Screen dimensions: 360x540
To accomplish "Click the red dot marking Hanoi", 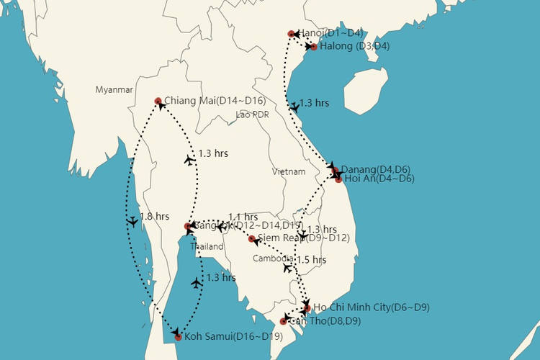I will [291, 34].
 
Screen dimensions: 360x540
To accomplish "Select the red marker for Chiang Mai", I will [158, 101].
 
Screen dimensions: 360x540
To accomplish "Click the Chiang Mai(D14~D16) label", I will [215, 100].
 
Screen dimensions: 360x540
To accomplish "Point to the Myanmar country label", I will [114, 90].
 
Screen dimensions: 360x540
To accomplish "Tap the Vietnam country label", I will [289, 172].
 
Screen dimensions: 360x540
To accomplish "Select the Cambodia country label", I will [273, 258].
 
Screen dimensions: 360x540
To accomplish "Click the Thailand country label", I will [208, 247].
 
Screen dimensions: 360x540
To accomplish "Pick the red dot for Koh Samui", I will [178, 336].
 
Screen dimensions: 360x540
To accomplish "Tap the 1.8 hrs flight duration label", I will [155, 217].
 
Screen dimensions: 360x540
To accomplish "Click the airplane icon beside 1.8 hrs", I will [132, 222].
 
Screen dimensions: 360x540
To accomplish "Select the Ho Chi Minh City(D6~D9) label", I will [371, 307].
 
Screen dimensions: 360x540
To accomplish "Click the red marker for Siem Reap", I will [251, 238].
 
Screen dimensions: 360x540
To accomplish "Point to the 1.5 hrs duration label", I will [311, 259].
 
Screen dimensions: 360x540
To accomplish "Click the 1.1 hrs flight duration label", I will [243, 217].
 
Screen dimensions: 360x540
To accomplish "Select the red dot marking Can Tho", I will [283, 321].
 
